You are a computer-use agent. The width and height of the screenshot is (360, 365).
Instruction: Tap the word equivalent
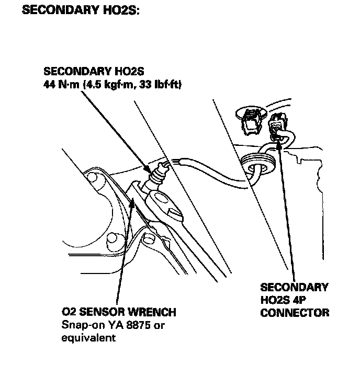click(x=88, y=338)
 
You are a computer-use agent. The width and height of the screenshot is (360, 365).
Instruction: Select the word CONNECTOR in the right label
click(x=295, y=313)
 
